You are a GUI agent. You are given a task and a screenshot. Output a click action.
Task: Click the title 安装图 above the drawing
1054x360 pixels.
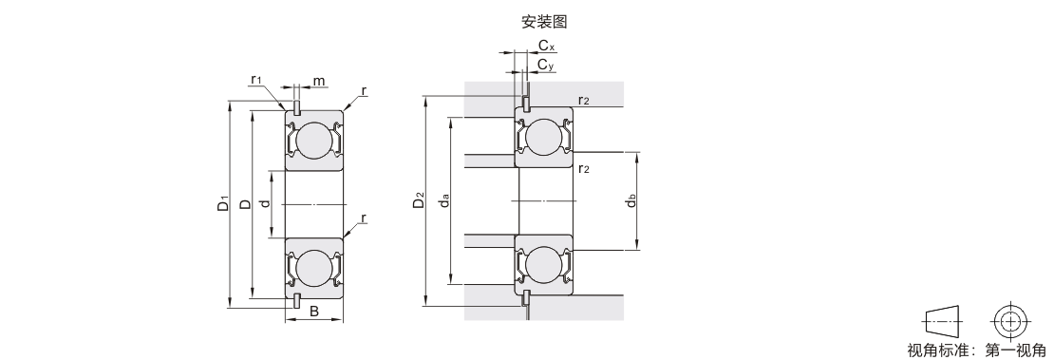click(x=544, y=22)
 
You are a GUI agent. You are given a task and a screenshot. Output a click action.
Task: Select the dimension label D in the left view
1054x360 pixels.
click(x=245, y=204)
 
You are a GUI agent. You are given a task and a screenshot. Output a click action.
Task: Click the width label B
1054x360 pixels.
click(x=313, y=311)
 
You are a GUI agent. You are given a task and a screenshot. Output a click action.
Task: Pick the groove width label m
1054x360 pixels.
click(x=319, y=82)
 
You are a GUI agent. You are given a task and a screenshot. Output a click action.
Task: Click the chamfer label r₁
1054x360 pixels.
click(x=256, y=80)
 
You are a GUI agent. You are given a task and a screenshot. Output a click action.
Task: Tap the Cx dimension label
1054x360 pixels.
click(x=547, y=45)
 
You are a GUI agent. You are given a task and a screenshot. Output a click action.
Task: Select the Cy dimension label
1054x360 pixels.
click(x=546, y=65)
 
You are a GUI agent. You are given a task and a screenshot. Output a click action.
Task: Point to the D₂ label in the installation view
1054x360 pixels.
click(x=420, y=200)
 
